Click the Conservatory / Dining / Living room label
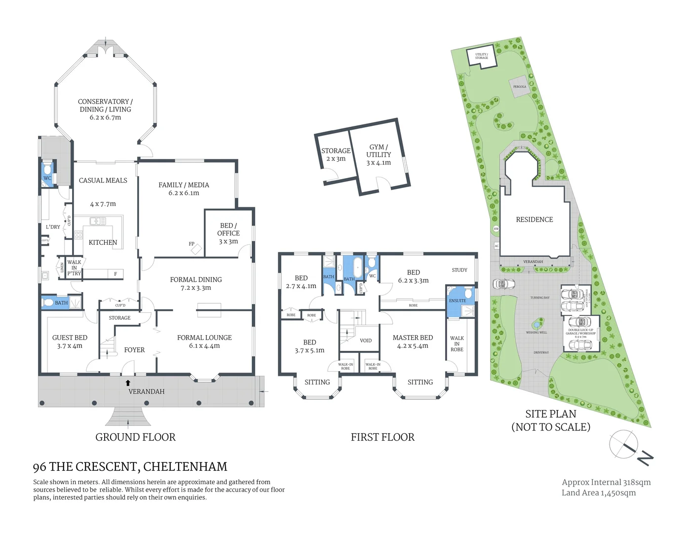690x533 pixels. pos(105,109)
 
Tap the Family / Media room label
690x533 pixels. pos(184,189)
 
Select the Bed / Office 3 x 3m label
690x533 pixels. pos(229,233)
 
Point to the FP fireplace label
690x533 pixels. pos(192,244)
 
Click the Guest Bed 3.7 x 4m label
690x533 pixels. pos(70,342)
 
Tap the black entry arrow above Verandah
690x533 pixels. pos(128,382)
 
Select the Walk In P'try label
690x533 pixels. pos(74,267)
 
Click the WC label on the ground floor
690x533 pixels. pos(47,178)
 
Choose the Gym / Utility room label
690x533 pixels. pos(379,154)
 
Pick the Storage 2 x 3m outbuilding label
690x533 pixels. pos(336,154)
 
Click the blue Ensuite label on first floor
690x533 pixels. pos(457,301)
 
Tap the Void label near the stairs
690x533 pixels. pos(366,341)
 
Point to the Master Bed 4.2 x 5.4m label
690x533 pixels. pos(413,342)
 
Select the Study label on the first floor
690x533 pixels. pos(459,270)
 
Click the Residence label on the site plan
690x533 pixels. pos(534,220)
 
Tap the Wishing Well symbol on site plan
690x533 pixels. pos(536,325)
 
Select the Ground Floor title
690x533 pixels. pos(135,437)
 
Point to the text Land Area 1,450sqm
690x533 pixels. pos(598,493)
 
